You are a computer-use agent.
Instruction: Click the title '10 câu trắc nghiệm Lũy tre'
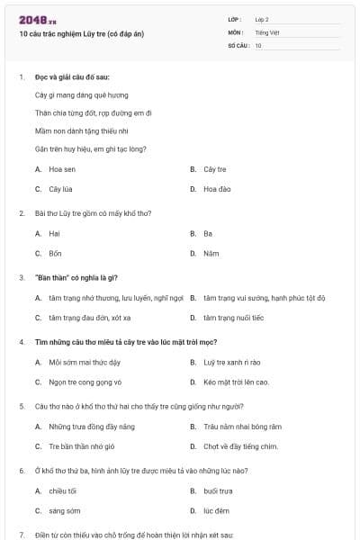[82, 34]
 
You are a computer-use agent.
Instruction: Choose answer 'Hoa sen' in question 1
[61, 169]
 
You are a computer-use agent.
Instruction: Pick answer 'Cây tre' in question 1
[214, 169]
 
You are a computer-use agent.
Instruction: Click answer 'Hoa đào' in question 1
[217, 189]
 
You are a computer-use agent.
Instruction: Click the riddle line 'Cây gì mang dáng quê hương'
[81, 94]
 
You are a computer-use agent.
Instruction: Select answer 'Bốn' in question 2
[55, 254]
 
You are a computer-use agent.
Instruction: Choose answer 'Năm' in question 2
[211, 254]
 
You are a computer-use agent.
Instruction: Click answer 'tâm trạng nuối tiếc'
[233, 318]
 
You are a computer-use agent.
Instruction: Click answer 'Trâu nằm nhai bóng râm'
[242, 427]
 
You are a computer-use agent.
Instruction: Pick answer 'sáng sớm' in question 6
[64, 510]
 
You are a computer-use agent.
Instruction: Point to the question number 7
[22, 535]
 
